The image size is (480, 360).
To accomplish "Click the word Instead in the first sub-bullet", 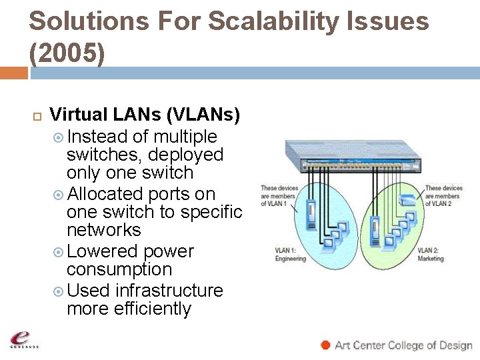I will [97, 137].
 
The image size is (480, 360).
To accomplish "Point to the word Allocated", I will [105, 194].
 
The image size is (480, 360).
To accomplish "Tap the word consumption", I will [119, 269].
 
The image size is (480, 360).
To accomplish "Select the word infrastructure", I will [169, 291].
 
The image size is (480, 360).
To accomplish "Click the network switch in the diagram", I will [354, 160].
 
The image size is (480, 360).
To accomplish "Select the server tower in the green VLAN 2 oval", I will [375, 227].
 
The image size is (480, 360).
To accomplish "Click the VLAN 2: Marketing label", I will [431, 255].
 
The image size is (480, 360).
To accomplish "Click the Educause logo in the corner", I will [23, 339].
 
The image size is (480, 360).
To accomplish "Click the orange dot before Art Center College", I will [325, 345].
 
